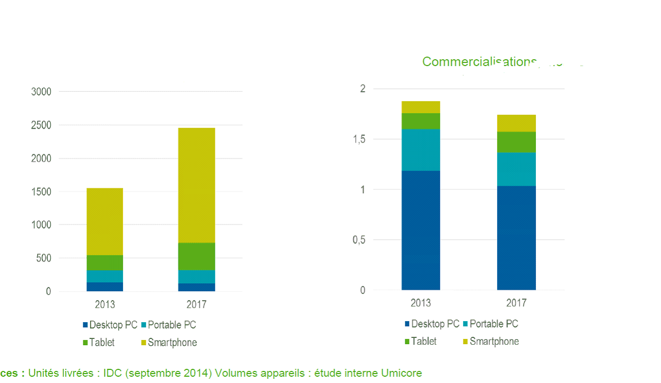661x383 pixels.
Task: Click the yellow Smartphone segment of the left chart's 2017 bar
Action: point(196,185)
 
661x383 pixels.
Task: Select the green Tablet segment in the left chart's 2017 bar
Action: point(196,256)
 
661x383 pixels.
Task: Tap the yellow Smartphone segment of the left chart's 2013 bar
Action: point(105,221)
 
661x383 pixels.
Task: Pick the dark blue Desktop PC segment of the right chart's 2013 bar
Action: point(421,230)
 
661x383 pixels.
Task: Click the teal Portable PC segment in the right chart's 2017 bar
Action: point(516,169)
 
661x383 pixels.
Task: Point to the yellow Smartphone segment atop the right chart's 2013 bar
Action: point(421,107)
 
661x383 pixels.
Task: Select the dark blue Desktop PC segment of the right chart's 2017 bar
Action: point(516,238)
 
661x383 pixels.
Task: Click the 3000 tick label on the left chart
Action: point(41,92)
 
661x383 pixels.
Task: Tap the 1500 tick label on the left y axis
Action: point(41,191)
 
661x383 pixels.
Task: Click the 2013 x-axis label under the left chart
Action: point(105,304)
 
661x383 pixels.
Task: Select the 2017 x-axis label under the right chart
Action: point(516,303)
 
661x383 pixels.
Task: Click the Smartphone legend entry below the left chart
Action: point(172,343)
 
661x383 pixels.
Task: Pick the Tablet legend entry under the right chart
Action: point(423,341)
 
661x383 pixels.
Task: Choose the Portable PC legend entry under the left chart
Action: point(172,325)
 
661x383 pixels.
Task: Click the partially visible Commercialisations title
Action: point(479,62)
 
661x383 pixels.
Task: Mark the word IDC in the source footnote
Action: point(112,373)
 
